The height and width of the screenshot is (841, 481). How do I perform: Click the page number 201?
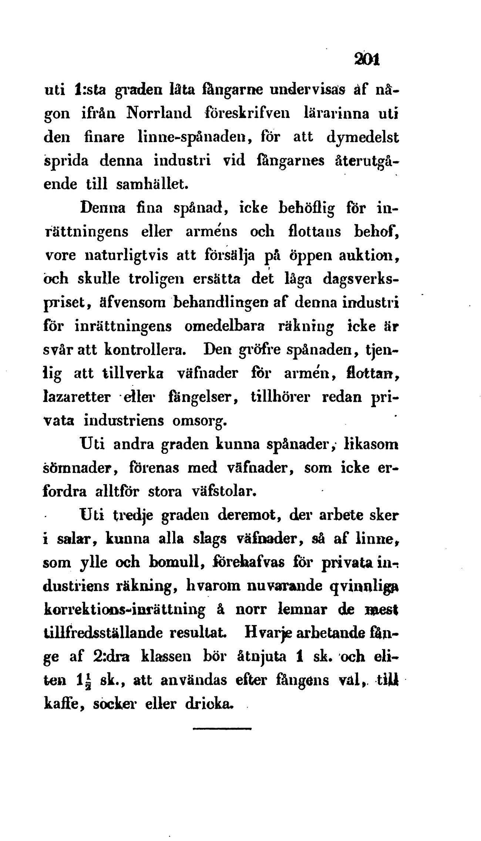[x=367, y=60]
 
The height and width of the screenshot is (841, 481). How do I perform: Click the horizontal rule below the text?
[x=222, y=729]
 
